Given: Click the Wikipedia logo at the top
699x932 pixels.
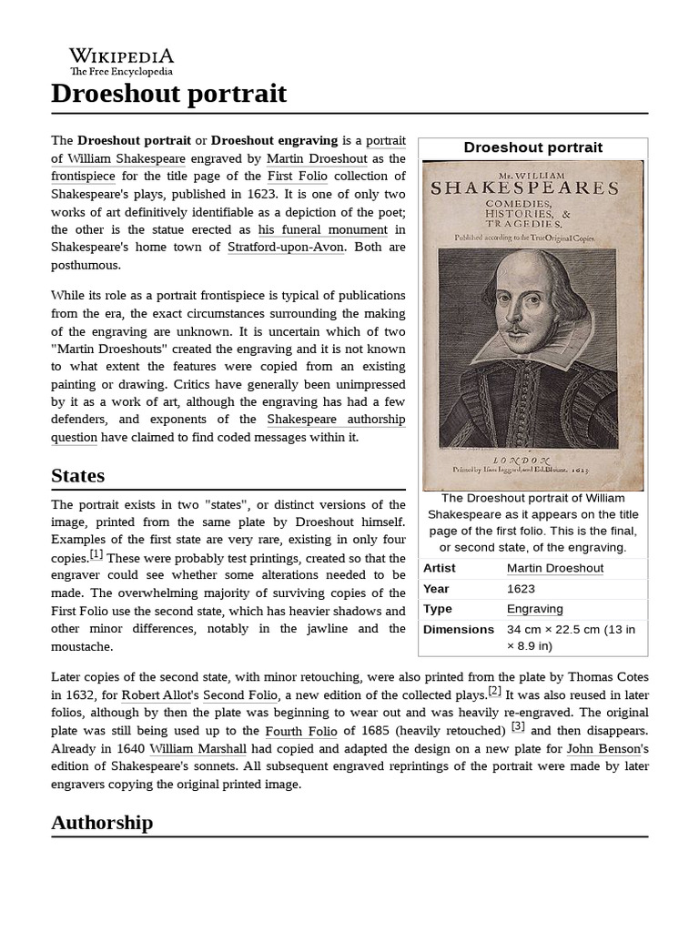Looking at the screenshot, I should pyautogui.click(x=122, y=60).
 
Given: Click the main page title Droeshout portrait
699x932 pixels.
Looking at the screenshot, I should pyautogui.click(x=168, y=93).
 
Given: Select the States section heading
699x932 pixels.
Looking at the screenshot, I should pyautogui.click(x=77, y=475).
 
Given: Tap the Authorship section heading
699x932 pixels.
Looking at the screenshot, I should pyautogui.click(x=102, y=822).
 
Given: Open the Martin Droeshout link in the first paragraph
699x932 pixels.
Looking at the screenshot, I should pyautogui.click(x=316, y=158).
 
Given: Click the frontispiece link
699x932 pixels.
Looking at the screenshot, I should pyautogui.click(x=85, y=176).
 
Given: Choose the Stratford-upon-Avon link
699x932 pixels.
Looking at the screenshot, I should pyautogui.click(x=286, y=247).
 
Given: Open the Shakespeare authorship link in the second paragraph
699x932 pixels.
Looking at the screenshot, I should pyautogui.click(x=336, y=420).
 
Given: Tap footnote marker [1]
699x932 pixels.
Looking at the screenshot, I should pyautogui.click(x=96, y=554).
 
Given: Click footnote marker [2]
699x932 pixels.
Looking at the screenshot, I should pyautogui.click(x=494, y=691).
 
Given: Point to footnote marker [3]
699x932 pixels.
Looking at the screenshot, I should pyautogui.click(x=518, y=726).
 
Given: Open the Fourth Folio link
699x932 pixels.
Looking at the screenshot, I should pyautogui.click(x=300, y=731).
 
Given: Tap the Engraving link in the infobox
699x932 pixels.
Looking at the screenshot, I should pyautogui.click(x=534, y=609).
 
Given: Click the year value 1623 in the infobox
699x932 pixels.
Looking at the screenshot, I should pyautogui.click(x=521, y=589).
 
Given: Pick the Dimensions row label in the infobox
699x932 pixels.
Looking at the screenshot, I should pyautogui.click(x=458, y=629).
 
